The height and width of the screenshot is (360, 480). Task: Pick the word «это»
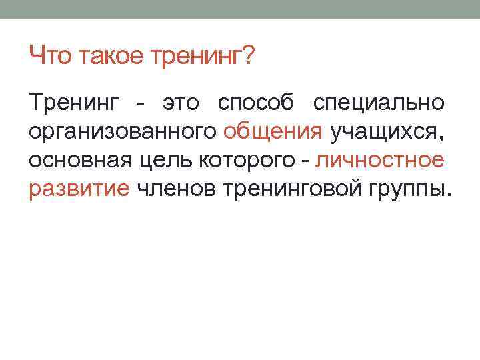[x=181, y=105]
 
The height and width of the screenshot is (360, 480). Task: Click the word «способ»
[x=255, y=105]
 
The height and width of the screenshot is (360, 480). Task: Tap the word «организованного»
[x=124, y=133]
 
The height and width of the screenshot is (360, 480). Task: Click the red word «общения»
[x=273, y=133]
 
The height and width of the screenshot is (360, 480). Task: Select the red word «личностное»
[x=380, y=161]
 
